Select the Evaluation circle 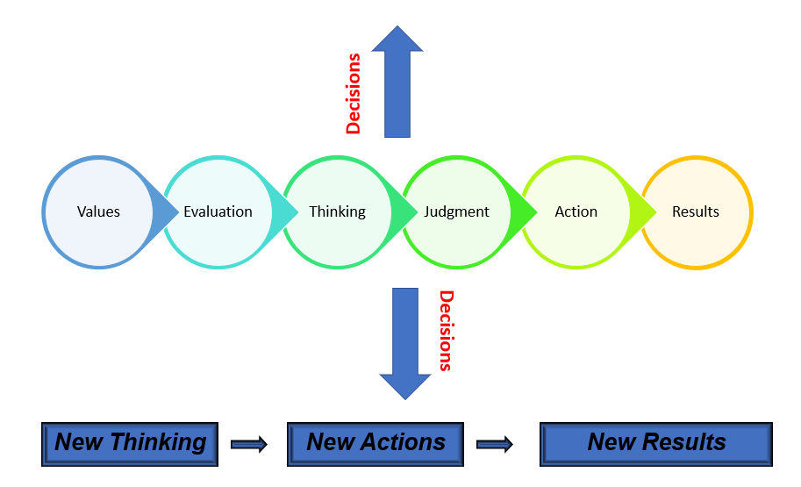[218, 211]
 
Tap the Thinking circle [337, 211]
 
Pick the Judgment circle [456, 211]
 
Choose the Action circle [576, 211]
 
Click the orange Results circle [696, 211]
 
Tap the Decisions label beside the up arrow [354, 94]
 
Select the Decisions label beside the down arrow [447, 331]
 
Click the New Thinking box [129, 443]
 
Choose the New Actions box [375, 443]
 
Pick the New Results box [655, 443]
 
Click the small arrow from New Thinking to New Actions [248, 444]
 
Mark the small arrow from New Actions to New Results [494, 444]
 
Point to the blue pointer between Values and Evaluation [164, 211]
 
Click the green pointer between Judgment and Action [523, 211]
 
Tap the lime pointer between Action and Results [643, 211]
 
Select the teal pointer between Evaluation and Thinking [284, 211]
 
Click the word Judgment [456, 211]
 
